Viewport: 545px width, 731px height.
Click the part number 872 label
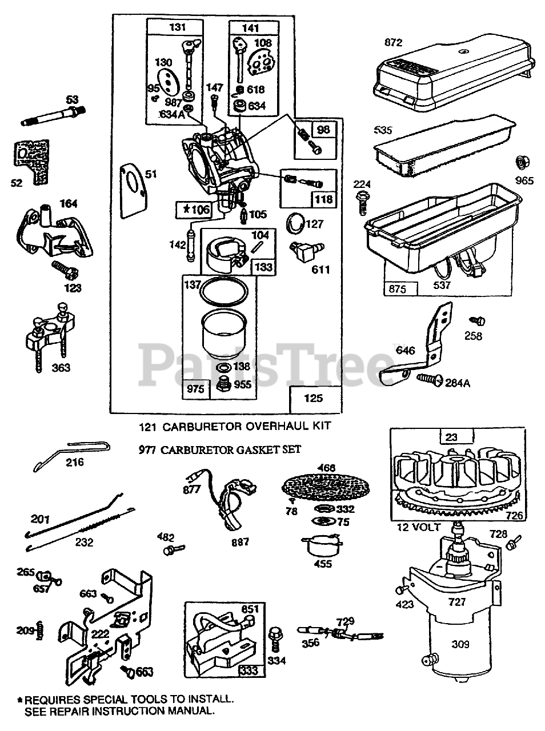pos(394,42)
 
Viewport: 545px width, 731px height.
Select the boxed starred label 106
pos(194,209)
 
